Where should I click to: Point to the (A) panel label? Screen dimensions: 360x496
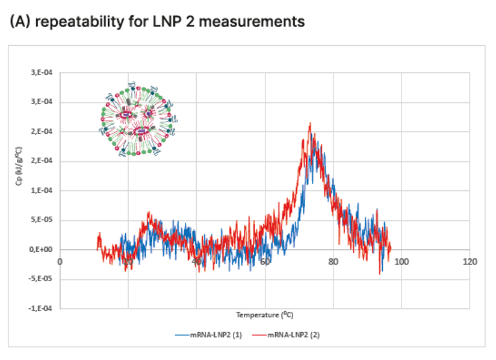[20, 22]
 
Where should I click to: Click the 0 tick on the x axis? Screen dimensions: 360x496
[60, 261]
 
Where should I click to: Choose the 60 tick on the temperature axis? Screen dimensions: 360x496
[265, 261]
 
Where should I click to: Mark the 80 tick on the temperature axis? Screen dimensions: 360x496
[333, 261]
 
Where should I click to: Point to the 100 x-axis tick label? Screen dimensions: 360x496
[401, 261]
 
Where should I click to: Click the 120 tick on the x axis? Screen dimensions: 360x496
[470, 261]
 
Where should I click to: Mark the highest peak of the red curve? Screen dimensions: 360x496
[310, 123]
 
